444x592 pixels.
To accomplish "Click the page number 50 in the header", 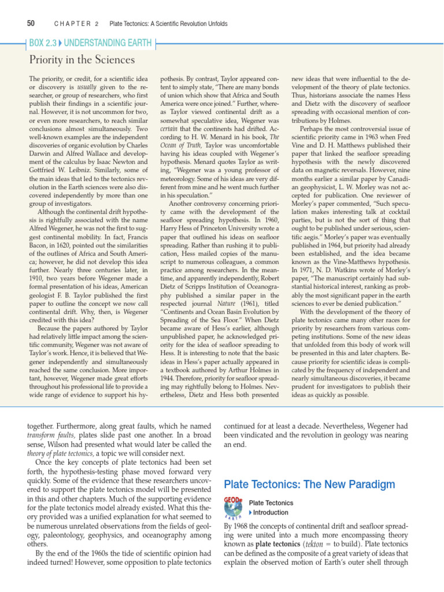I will click(31, 24).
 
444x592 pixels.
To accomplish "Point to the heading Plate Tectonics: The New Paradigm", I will click(309, 484).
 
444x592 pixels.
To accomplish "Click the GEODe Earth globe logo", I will click(233, 508).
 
